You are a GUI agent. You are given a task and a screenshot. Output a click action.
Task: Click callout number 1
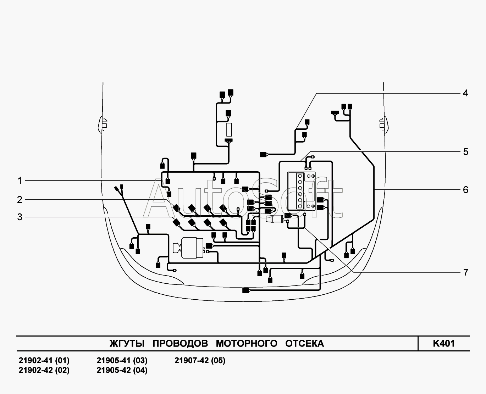[x=20, y=181]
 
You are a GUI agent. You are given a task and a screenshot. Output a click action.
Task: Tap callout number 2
[x=20, y=200]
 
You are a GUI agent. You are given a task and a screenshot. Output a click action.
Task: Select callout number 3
[x=20, y=217]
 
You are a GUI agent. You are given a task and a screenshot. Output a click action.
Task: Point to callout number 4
[x=465, y=93]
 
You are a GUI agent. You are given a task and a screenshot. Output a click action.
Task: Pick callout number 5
[x=466, y=152]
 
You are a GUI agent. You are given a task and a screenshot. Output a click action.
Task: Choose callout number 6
[x=466, y=190]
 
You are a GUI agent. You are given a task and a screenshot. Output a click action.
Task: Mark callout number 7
[x=466, y=272]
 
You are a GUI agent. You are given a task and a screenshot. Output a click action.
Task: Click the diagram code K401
[x=444, y=344]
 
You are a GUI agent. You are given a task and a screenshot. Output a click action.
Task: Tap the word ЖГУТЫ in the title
[x=127, y=344]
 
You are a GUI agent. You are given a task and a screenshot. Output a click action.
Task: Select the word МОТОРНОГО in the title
[x=247, y=344]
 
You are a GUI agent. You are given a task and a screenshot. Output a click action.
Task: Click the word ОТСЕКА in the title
[x=304, y=344]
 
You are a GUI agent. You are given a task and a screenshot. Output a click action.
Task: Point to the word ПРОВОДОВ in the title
[x=180, y=344]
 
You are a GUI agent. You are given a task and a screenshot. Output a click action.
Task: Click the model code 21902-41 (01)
[x=44, y=360]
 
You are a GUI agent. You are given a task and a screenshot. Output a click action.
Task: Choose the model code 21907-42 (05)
[x=200, y=360]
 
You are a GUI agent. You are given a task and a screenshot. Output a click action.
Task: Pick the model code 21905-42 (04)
[x=122, y=370]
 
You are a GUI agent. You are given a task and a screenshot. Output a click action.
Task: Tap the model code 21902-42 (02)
[x=44, y=370]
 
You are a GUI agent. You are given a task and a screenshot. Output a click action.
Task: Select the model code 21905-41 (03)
[x=122, y=360]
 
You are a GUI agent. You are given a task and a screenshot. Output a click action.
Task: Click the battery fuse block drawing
[x=302, y=191]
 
